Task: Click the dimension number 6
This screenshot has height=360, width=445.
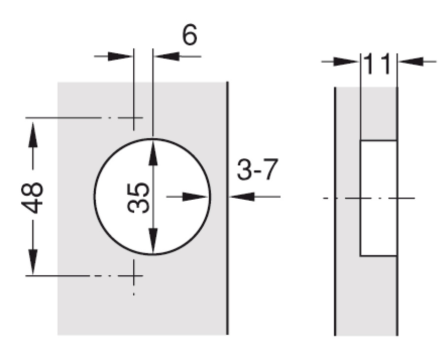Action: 189,35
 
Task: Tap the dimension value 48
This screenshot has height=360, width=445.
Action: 32,198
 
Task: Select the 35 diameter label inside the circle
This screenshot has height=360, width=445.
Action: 138,198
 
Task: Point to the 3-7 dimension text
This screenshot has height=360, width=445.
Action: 258,170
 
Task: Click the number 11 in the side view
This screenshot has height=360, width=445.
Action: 377,64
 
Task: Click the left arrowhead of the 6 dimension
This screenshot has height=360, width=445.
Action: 120,56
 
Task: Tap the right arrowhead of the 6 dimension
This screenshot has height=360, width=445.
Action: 167,56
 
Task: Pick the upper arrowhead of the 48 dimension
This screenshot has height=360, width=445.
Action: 33,135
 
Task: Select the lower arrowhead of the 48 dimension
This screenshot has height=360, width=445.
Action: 33,261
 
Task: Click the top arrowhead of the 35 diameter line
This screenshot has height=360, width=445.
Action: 153,152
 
